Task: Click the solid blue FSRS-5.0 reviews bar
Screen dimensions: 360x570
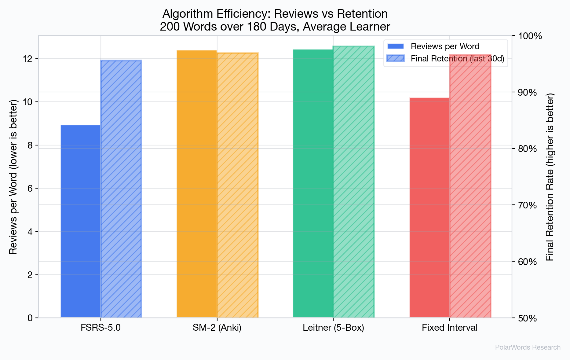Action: [81, 222]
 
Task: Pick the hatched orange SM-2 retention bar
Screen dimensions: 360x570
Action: [238, 185]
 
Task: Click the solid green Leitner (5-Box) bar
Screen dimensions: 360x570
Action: [313, 183]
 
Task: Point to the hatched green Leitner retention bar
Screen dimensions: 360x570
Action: [354, 182]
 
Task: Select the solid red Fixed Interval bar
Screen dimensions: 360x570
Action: [429, 208]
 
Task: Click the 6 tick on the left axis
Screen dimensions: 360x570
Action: [30, 188]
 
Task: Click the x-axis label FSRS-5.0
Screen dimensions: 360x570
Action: [100, 328]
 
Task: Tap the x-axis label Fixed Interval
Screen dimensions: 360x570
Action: [449, 328]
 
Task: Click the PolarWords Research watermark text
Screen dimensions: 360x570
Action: [528, 347]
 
